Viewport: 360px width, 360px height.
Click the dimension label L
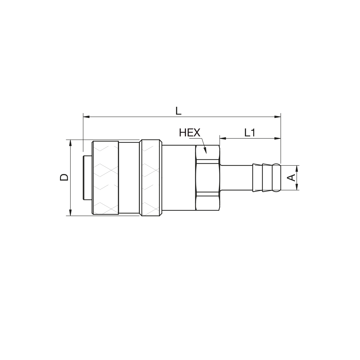coord(178,111)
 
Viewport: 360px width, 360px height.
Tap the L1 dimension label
coord(250,133)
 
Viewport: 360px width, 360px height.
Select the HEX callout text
coord(190,133)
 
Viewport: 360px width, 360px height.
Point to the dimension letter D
coord(64,177)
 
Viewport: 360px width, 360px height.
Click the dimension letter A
coord(291,178)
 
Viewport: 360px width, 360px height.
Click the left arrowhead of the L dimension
coord(86,117)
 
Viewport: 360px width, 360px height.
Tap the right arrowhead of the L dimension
coord(277,117)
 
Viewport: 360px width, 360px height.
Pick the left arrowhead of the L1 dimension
coord(223,138)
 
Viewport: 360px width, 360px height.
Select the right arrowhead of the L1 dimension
coord(277,138)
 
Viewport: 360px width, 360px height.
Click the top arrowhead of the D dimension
coord(70,143)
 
